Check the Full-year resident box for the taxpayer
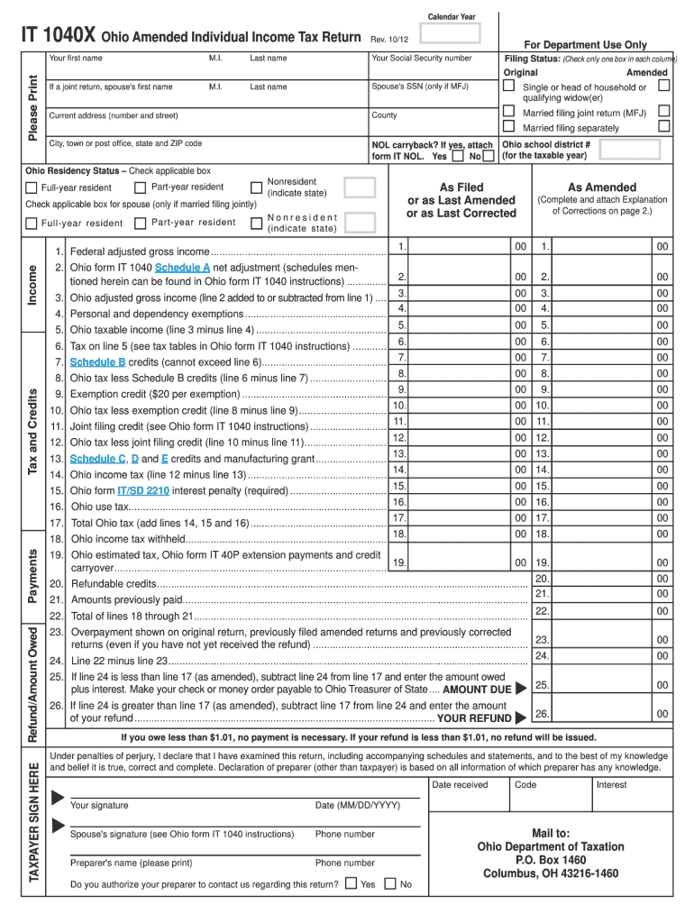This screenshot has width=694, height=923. coord(32,187)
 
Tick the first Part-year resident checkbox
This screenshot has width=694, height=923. coord(140,187)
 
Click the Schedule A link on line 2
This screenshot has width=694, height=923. coord(182,269)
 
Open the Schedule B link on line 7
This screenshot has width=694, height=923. coord(97,361)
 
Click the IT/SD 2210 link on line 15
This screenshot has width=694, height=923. coord(143,490)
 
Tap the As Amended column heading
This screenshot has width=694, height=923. coord(602,187)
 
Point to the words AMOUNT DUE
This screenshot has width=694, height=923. coord(477,689)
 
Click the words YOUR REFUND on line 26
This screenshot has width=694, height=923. coord(474,718)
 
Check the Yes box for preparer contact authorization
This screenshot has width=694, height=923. coord(352,883)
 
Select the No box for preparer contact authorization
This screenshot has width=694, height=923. coord(390,883)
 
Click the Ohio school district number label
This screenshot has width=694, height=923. coord(546,150)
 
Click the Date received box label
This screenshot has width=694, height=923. coord(460,784)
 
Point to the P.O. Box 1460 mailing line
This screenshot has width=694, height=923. coord(550,860)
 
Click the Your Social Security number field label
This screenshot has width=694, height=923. coord(422,58)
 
